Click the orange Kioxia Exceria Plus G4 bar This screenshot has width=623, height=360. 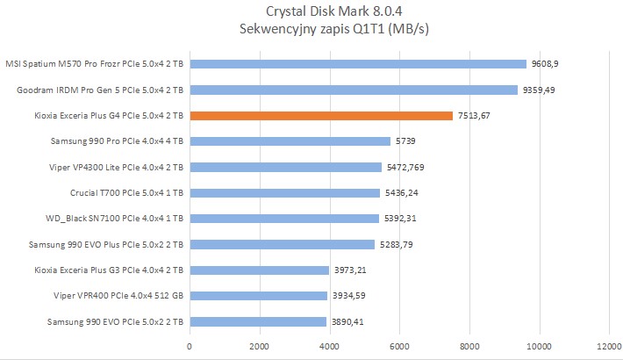coord(321,115)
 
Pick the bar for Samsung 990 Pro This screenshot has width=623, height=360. coord(290,140)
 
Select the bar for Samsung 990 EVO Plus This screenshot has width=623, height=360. coord(282,244)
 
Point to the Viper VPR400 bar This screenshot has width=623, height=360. coord(258,296)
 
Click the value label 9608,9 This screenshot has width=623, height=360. coord(546,64)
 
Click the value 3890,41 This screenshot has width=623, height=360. coord(347,322)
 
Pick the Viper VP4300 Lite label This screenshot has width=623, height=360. coord(117,167)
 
